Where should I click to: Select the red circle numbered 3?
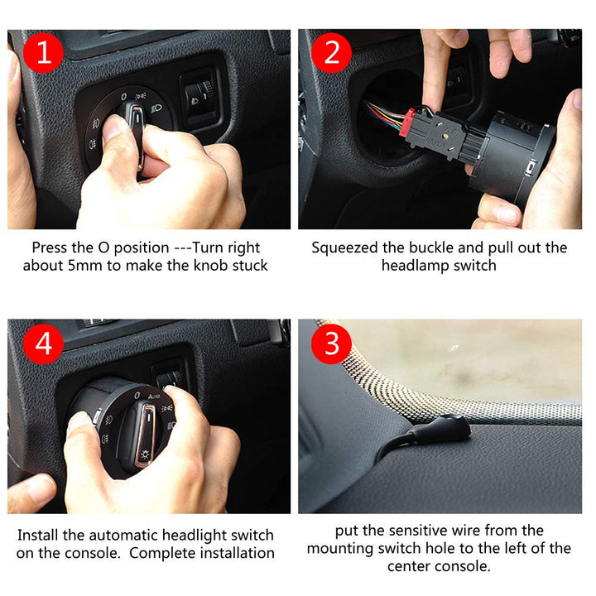coord(332,344)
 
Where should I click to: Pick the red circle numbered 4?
coord(42,344)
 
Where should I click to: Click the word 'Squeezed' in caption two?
coord(346,248)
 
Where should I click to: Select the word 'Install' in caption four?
coord(38,535)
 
